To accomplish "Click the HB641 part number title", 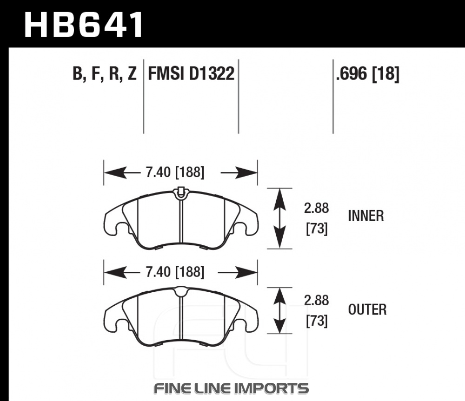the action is [84, 25].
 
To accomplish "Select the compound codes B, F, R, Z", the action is [105, 73].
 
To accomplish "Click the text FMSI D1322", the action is [191, 73].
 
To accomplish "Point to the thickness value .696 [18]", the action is [368, 73].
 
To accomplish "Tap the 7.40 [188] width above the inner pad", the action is [175, 172].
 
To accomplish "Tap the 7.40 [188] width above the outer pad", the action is [175, 272].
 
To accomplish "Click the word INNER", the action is [366, 216].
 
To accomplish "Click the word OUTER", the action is [367, 309].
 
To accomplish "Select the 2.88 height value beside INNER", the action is [316, 208].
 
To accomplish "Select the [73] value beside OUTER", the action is [317, 321].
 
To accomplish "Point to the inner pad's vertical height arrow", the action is [279, 218].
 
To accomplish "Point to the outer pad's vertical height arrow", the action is [279, 310].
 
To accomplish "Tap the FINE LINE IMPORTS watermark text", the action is [231, 388].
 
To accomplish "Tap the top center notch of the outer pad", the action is [180, 291].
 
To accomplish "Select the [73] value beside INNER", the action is [317, 229].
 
